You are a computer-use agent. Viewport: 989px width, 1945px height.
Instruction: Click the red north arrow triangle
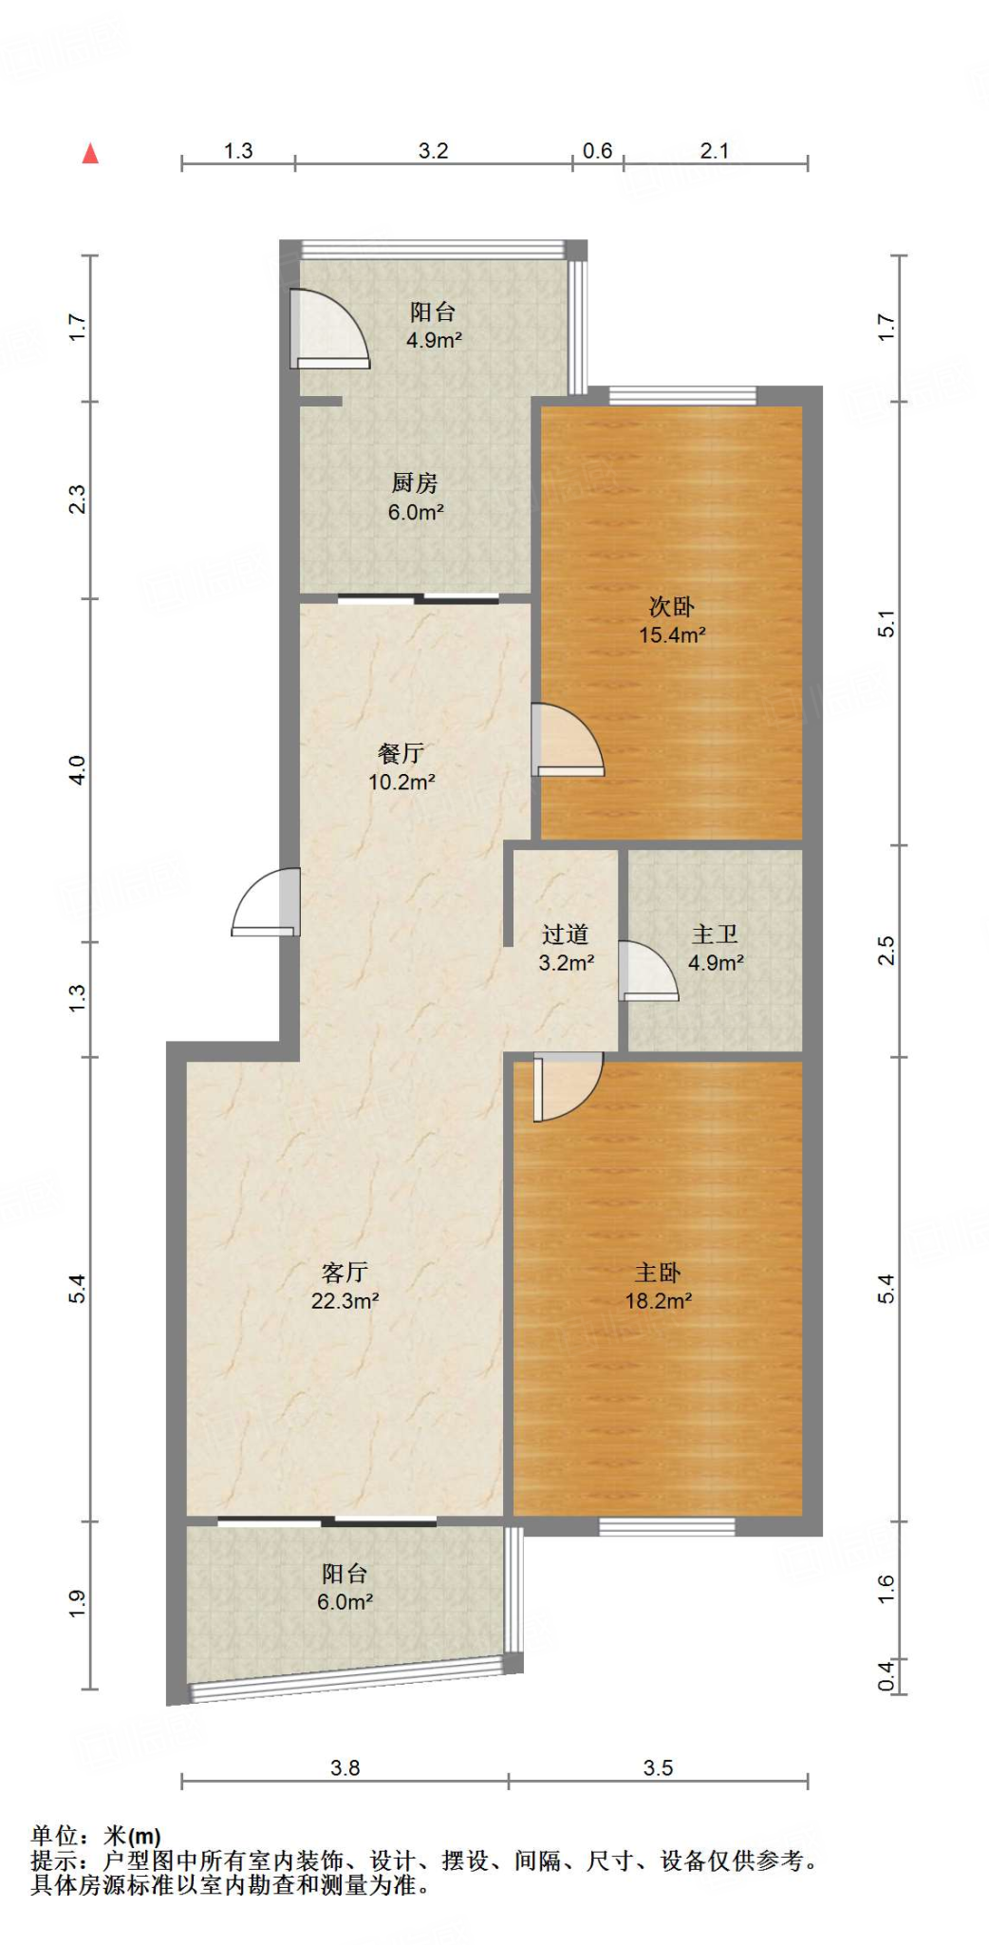[90, 154]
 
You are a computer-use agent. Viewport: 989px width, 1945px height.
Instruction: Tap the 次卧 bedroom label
[672, 620]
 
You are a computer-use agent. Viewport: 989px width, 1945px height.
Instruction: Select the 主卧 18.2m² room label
[658, 1287]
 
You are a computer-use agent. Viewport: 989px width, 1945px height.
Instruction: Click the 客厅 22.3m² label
[345, 1286]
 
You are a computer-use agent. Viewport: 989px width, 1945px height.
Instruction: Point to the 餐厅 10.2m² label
[401, 767]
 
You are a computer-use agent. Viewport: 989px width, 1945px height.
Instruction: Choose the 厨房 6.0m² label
[416, 498]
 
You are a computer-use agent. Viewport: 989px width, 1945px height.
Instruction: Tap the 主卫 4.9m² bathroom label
[716, 949]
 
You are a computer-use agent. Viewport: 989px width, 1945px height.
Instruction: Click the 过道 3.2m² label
[566, 949]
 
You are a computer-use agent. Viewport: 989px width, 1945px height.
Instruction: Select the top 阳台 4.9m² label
[434, 326]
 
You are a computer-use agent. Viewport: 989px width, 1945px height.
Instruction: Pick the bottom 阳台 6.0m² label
[345, 1587]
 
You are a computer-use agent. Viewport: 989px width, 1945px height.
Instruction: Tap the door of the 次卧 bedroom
[566, 741]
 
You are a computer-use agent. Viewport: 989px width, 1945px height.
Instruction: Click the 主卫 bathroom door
[647, 971]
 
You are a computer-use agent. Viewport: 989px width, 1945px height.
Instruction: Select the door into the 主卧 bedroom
[566, 1086]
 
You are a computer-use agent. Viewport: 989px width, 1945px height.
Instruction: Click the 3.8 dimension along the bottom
[345, 1767]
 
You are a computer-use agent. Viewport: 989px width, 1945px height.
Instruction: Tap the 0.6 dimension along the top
[597, 151]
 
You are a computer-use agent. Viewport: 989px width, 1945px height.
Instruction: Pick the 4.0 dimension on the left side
[78, 769]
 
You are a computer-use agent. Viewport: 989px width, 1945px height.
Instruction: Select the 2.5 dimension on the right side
[886, 950]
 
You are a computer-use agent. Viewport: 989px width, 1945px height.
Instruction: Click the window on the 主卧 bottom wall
[667, 1526]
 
